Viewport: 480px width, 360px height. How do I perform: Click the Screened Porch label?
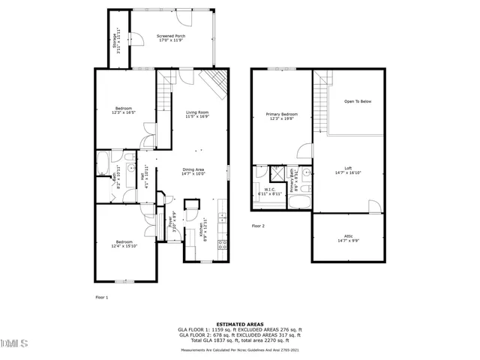click(x=171, y=38)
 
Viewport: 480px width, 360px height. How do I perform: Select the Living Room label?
click(x=197, y=114)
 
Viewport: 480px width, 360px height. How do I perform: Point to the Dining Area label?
click(x=193, y=171)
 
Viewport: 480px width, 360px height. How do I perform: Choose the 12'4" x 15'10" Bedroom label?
click(x=124, y=244)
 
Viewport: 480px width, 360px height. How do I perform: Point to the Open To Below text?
click(x=358, y=101)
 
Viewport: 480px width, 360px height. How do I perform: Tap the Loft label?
click(x=348, y=169)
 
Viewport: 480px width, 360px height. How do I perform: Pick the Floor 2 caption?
click(x=259, y=226)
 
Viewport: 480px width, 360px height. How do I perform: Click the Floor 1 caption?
click(x=102, y=298)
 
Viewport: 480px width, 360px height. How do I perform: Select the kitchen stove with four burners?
click(x=221, y=247)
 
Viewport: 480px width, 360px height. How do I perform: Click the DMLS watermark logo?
click(x=14, y=343)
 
